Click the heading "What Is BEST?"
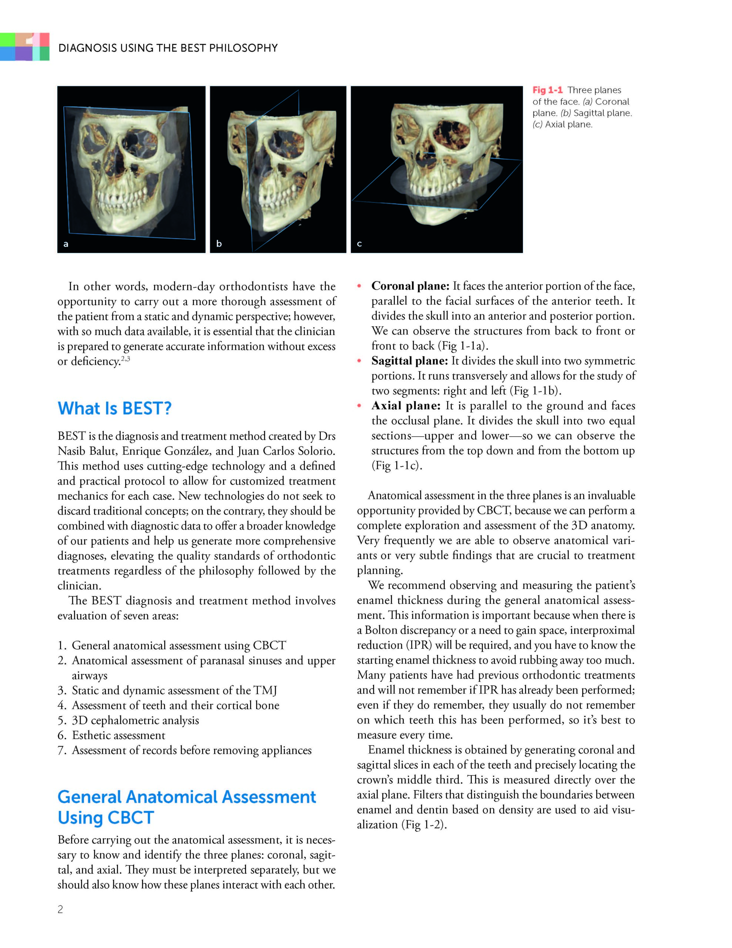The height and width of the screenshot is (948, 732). tap(115, 408)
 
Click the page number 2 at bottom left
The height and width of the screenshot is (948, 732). tap(60, 909)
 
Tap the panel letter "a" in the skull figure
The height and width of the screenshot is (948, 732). tap(66, 244)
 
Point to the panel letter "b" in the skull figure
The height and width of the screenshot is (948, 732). tap(219, 244)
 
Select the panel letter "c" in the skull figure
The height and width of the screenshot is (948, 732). tap(359, 244)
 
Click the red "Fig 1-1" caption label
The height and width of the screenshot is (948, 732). tap(547, 90)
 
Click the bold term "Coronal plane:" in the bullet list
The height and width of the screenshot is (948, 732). tap(410, 286)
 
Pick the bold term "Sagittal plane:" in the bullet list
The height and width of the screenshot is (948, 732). tap(409, 361)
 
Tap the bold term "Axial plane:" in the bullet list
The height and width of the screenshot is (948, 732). tap(406, 406)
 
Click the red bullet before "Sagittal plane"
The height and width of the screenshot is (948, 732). tap(359, 361)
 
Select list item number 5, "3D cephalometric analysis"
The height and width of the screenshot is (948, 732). tap(135, 720)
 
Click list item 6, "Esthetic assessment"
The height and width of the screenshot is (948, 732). tap(118, 735)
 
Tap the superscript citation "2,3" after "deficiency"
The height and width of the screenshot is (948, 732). tap(125, 359)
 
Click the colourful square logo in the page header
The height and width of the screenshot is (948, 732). tap(25, 46)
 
